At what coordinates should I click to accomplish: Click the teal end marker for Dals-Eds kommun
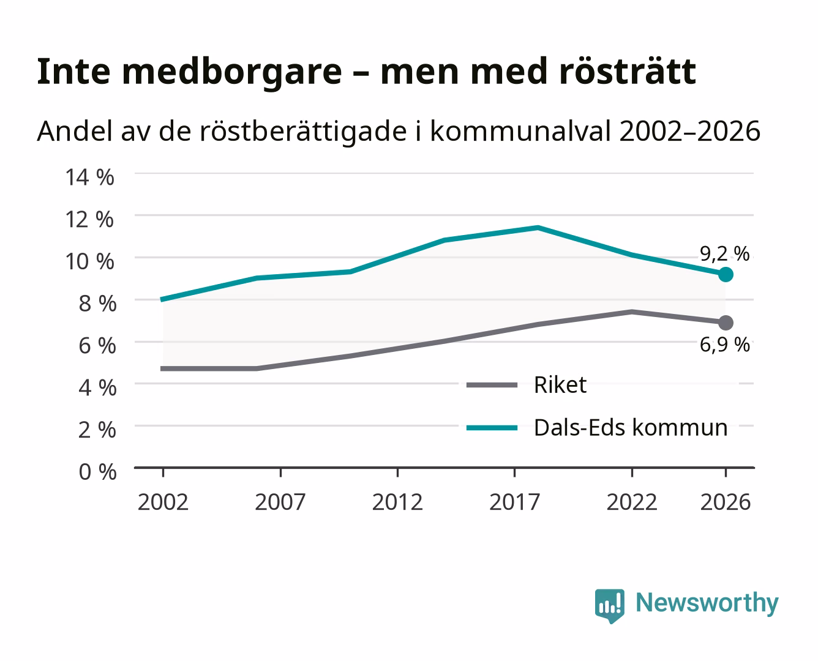pyautogui.click(x=726, y=274)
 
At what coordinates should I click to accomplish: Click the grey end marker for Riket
pyautogui.click(x=726, y=323)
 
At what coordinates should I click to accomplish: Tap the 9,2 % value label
pyautogui.click(x=724, y=254)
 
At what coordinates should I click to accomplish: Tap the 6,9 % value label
pyautogui.click(x=724, y=345)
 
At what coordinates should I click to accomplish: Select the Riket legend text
pyautogui.click(x=560, y=384)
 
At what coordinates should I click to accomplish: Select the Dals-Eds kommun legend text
pyautogui.click(x=631, y=428)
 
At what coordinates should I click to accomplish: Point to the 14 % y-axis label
pyautogui.click(x=89, y=177)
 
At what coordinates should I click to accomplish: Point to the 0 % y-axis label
pyautogui.click(x=97, y=472)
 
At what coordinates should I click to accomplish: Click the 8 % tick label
pyautogui.click(x=97, y=304)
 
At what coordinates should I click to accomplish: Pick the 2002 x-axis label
pyautogui.click(x=163, y=502)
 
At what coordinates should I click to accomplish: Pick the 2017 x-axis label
pyautogui.click(x=514, y=502)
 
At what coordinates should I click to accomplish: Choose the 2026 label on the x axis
pyautogui.click(x=725, y=502)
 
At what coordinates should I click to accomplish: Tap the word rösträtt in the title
pyautogui.click(x=628, y=72)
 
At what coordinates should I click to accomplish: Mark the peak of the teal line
pyautogui.click(x=538, y=228)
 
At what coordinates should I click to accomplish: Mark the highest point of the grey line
pyautogui.click(x=631, y=312)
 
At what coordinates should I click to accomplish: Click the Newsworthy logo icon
pyautogui.click(x=609, y=606)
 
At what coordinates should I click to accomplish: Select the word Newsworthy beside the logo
pyautogui.click(x=707, y=603)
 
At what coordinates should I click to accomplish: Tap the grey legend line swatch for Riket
pyautogui.click(x=492, y=385)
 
